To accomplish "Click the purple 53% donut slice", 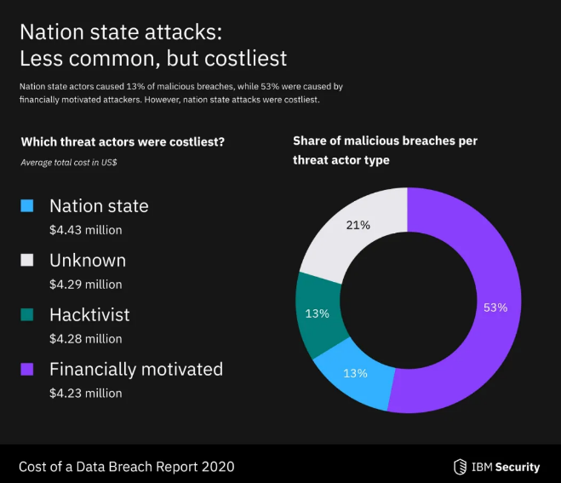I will (x=477, y=341).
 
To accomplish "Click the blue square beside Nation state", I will (x=27, y=206).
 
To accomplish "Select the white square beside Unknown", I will (x=27, y=261).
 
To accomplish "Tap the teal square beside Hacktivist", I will (x=27, y=315).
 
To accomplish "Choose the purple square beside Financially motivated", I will (x=27, y=370).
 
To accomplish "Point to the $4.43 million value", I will (x=85, y=229).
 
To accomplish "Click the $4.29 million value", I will (x=85, y=284).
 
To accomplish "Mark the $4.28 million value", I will (x=85, y=338).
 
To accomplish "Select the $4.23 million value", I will (x=85, y=393).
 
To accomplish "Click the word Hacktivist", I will (x=89, y=315).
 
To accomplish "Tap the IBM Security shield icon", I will (x=460, y=467).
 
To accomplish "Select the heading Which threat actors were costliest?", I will (x=123, y=141).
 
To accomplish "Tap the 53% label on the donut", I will (x=495, y=308).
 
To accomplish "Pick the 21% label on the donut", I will (x=358, y=225).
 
